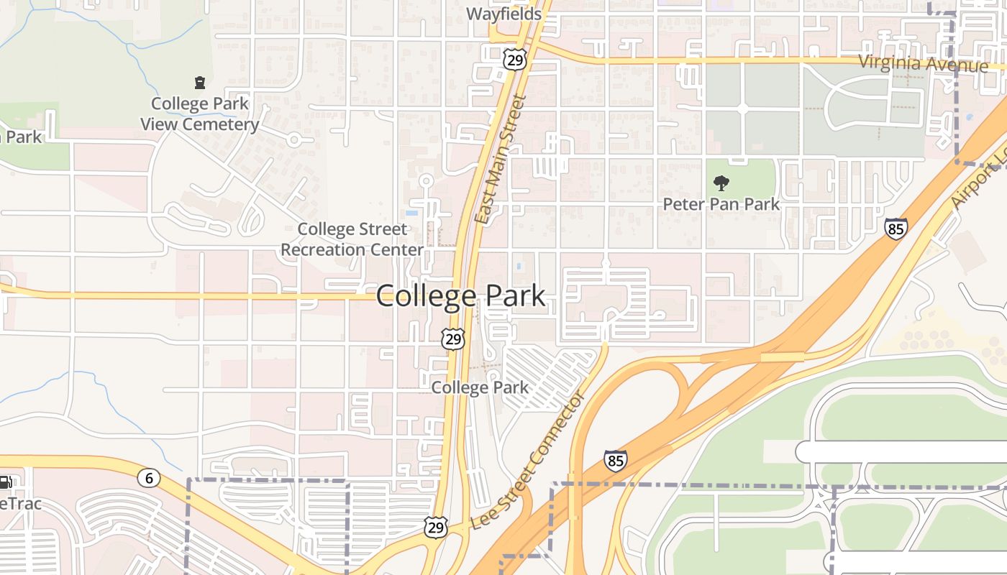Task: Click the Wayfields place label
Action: point(503,14)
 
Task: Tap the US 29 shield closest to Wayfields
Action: point(514,60)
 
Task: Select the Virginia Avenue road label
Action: point(924,63)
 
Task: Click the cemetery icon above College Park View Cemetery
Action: point(199,83)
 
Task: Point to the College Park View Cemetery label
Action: point(199,114)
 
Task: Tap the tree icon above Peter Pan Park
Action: point(720,183)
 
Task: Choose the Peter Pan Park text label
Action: point(721,204)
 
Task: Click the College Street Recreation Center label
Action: point(352,239)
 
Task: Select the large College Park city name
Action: point(460,296)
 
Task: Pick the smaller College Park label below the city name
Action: point(480,387)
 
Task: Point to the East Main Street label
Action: point(502,160)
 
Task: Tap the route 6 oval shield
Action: point(149,478)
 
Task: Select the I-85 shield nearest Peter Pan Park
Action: point(896,229)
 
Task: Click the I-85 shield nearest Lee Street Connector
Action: point(615,460)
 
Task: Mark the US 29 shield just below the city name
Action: point(453,339)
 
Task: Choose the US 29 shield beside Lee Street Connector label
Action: point(435,528)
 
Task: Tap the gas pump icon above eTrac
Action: point(4,482)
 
